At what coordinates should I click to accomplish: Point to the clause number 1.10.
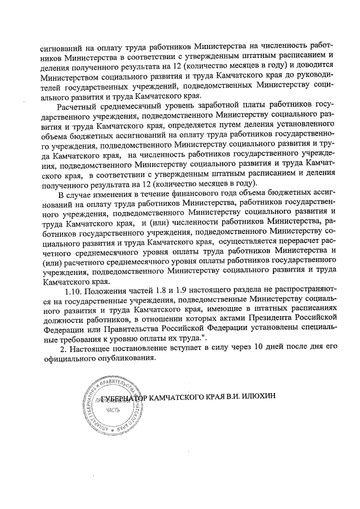[x=75, y=292]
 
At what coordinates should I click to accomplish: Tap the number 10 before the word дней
[x=258, y=348]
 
